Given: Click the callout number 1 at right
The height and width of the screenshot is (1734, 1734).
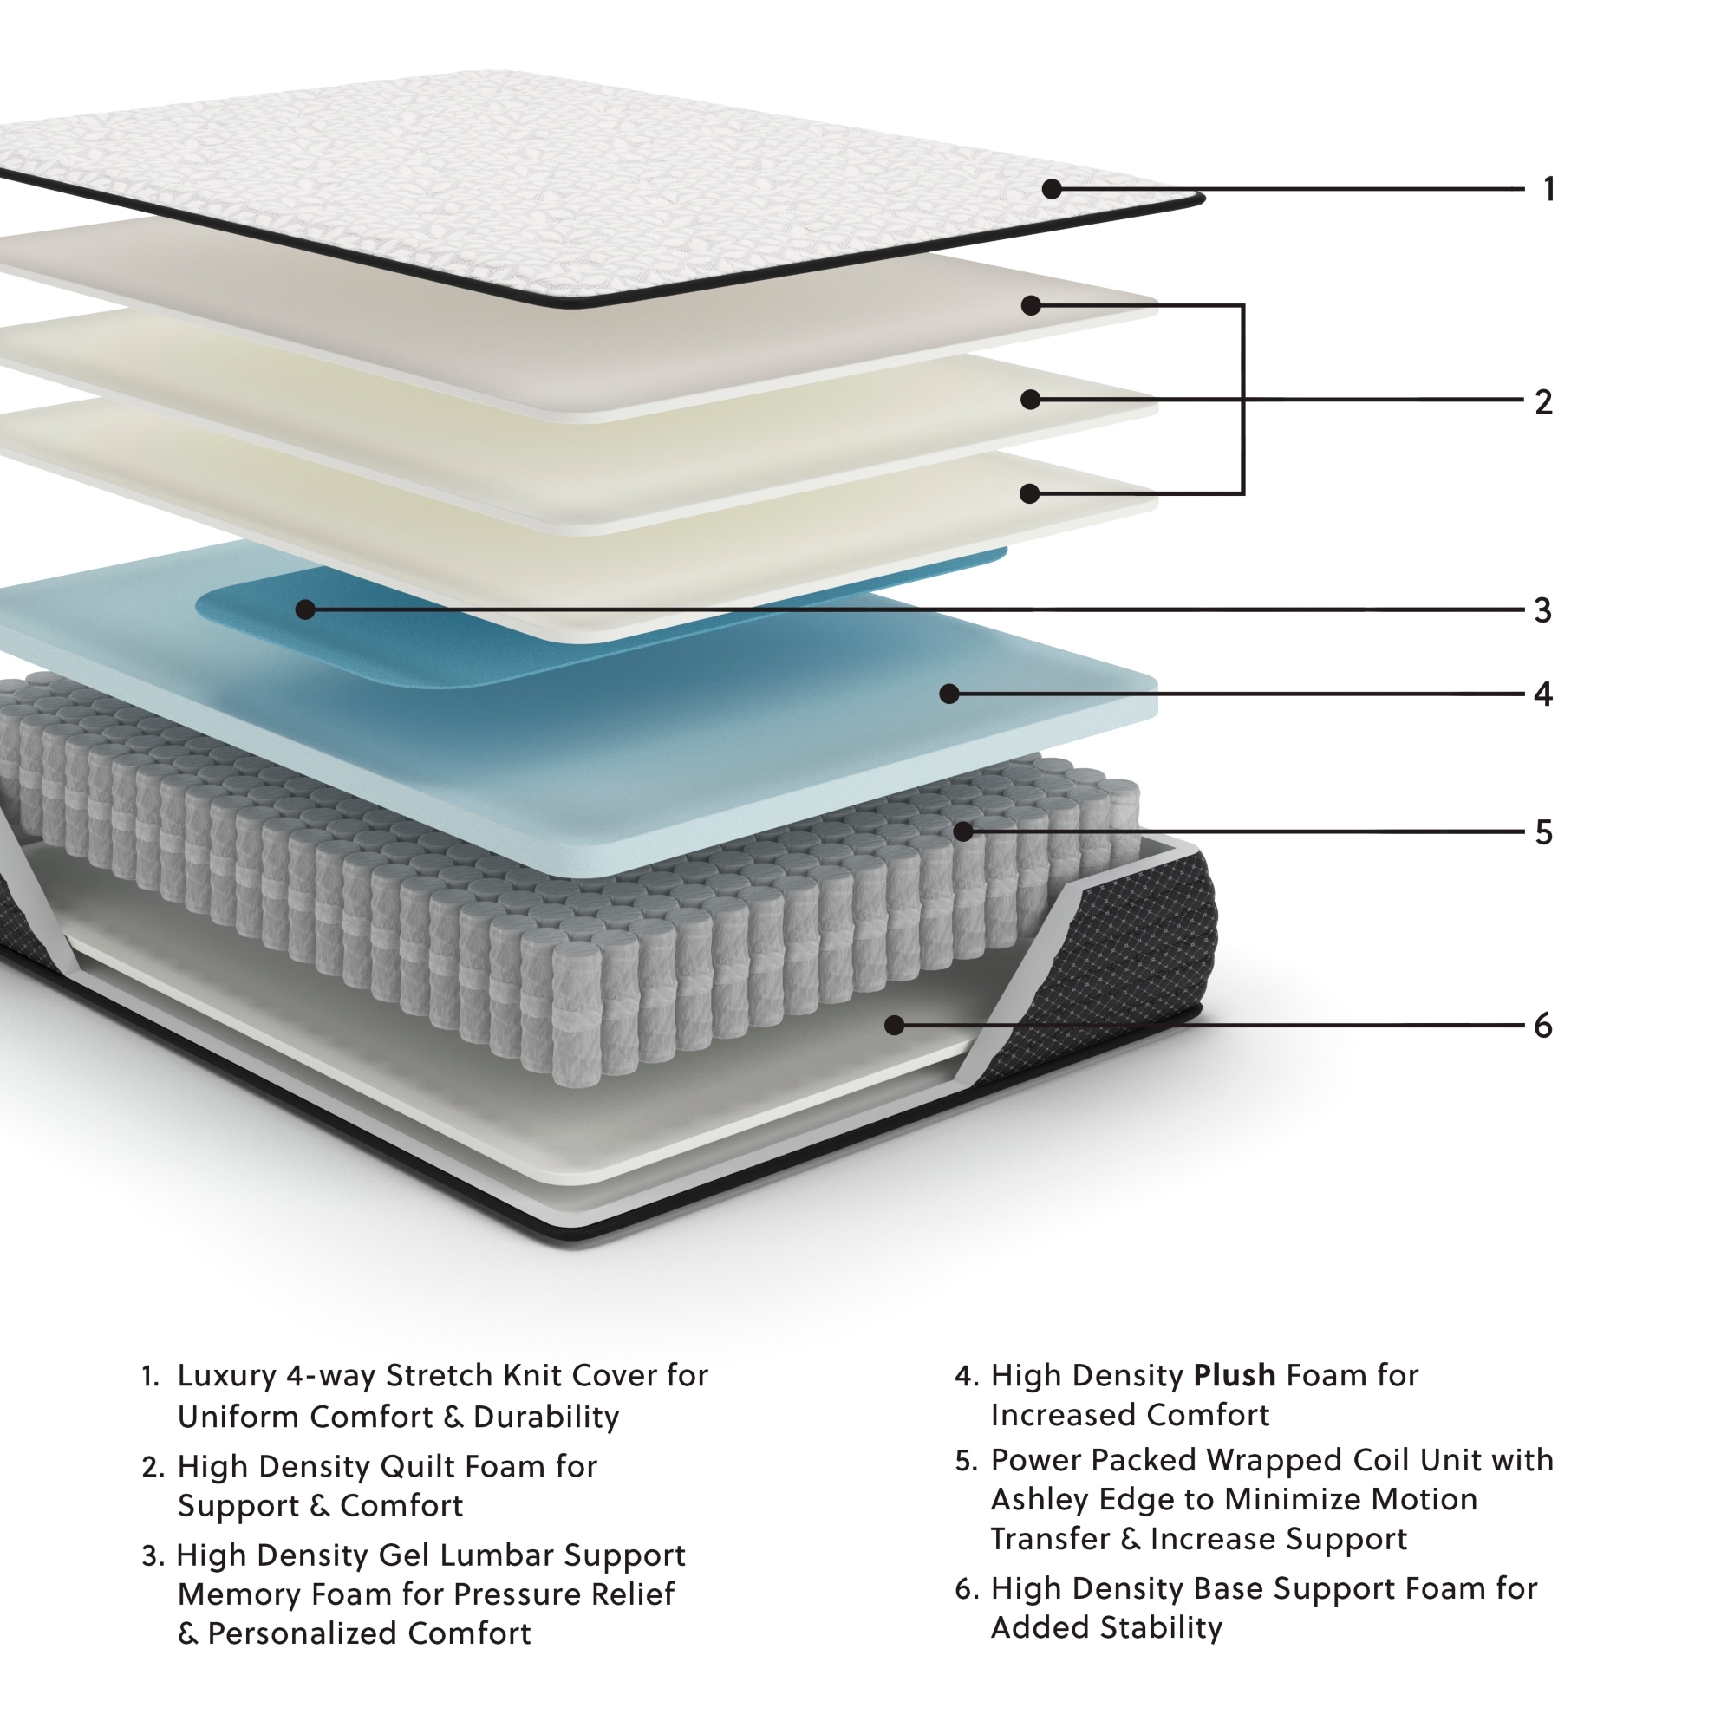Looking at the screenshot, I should click(1548, 189).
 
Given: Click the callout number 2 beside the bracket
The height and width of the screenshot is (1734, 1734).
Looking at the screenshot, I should click(1543, 402).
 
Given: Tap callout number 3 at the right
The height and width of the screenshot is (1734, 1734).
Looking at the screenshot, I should click(1543, 610).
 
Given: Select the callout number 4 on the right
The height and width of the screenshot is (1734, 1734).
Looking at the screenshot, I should click(1543, 694).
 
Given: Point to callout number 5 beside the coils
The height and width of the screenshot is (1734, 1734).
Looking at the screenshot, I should click(1543, 832).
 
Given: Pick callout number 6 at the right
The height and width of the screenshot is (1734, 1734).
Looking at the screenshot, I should click(1543, 1025).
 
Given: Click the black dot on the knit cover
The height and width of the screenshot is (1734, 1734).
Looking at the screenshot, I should click(1052, 189).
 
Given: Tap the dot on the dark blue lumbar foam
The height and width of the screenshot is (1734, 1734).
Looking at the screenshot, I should click(305, 610).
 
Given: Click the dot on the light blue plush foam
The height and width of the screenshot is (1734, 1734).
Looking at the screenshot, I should click(949, 694).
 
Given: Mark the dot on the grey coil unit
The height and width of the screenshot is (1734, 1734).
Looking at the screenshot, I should click(963, 832).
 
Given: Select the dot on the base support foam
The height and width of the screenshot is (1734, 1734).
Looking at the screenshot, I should click(894, 1025).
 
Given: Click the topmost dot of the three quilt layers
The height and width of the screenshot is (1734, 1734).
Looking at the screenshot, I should click(1031, 306).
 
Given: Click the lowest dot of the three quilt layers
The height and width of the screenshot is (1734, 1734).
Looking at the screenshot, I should click(1030, 493).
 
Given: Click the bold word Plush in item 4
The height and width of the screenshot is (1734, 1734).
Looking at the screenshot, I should click(1234, 1375).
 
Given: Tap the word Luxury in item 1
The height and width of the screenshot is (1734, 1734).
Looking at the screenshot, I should click(227, 1376).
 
